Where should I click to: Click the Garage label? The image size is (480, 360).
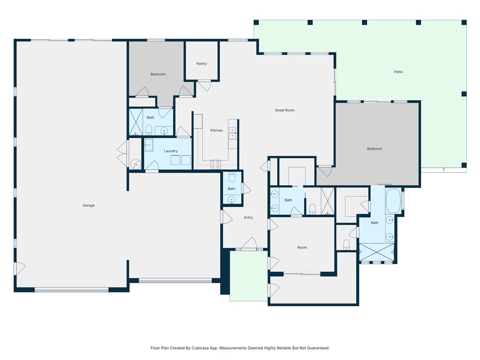[89, 205]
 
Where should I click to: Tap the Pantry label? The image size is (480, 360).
[202, 64]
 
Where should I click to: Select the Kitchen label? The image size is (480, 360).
[217, 130]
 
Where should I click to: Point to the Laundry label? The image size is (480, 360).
[171, 151]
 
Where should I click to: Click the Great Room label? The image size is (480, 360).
[285, 110]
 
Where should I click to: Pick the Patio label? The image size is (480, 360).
[398, 72]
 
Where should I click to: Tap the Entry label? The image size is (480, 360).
[248, 217]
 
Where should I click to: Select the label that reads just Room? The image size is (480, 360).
[302, 247]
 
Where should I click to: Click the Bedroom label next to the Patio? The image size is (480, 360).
[375, 149]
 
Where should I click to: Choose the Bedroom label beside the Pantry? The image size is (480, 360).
[158, 74]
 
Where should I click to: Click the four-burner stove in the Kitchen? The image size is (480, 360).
[215, 165]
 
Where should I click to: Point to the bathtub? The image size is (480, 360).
[393, 201]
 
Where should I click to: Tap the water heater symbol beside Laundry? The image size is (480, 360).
[135, 165]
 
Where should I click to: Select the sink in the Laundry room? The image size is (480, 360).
[149, 145]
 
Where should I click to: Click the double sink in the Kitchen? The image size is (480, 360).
[232, 133]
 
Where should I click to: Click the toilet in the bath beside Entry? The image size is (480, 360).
[232, 178]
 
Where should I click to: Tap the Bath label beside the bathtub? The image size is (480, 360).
[375, 223]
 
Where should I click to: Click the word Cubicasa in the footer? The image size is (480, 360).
[200, 348]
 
